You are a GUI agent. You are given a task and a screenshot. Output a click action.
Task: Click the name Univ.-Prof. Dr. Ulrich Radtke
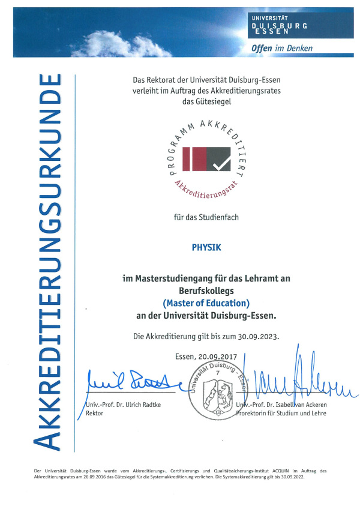coord(118,405)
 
